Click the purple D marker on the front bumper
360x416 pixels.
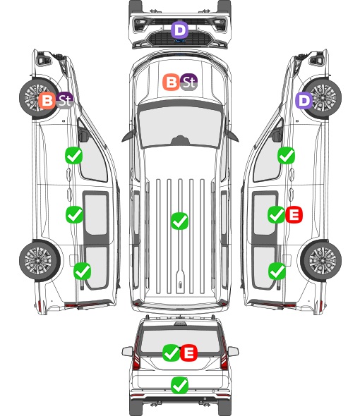point(179,30)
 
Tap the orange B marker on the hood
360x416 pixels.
point(171,82)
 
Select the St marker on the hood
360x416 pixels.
point(188,82)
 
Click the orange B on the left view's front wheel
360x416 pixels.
point(47,101)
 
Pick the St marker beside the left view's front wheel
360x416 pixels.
point(64,101)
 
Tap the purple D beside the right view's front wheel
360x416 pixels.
point(304,101)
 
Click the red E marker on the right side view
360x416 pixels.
point(294,214)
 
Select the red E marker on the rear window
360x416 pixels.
point(188,353)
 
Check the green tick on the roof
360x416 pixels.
point(179,221)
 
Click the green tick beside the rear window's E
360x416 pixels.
point(171,353)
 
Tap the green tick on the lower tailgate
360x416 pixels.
point(179,385)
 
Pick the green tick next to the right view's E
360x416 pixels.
point(276,214)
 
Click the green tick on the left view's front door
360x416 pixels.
point(74,155)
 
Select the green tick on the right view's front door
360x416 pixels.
point(286,155)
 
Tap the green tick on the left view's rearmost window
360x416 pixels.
point(83,271)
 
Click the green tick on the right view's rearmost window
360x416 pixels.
point(277,271)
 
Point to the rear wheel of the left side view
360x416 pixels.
point(40,261)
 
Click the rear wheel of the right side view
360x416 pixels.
point(321,261)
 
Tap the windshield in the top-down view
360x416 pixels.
point(180,126)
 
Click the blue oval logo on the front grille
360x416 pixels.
point(180,41)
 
